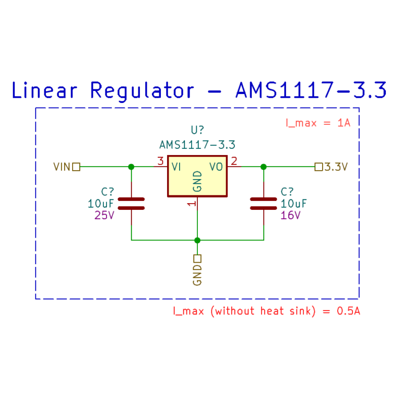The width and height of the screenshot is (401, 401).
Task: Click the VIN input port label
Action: [62, 167]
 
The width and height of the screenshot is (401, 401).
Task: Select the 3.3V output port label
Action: [336, 167]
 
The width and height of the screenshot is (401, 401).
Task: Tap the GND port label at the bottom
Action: [197, 275]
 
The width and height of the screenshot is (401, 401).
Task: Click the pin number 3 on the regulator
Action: [160, 161]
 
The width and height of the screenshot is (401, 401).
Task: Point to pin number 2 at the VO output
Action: [234, 161]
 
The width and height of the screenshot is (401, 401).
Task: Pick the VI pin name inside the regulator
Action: [176, 167]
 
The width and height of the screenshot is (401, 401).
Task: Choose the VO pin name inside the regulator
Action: [216, 167]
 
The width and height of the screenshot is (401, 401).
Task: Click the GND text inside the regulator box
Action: [197, 181]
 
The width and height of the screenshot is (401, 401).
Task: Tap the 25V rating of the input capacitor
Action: [104, 215]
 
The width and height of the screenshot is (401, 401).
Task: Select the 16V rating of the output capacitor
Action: [290, 215]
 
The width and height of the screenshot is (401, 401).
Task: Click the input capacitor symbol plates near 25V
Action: [131, 203]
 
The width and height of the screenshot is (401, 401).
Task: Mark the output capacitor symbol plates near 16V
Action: [263, 203]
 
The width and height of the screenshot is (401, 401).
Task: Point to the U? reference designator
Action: [197, 130]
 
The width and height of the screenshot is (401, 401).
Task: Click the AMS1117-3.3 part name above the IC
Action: [197, 145]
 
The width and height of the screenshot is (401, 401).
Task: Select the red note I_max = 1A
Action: [317, 123]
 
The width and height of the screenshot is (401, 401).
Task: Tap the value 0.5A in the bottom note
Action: [348, 311]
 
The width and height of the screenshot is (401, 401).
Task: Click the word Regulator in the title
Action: [141, 90]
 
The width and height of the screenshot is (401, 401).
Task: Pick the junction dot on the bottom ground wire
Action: [197, 240]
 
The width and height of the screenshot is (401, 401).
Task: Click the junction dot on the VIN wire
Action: [131, 167]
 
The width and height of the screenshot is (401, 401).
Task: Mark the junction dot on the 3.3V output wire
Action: [263, 167]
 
